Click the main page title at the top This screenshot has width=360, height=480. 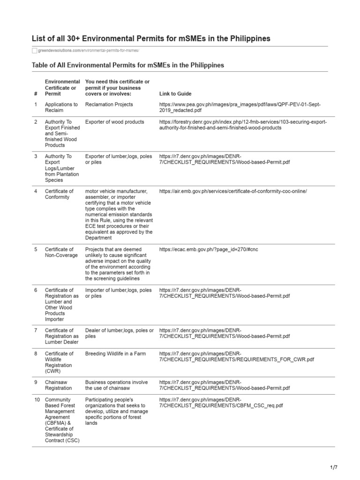coord(151,38)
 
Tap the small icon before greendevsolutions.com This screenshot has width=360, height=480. coord(34,50)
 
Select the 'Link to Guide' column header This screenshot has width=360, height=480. coord(175,94)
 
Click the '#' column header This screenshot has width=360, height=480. coord(36,94)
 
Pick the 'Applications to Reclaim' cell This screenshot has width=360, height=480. coord(61,107)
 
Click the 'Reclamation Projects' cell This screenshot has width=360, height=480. coord(109,105)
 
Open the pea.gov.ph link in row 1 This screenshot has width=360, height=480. coord(240,107)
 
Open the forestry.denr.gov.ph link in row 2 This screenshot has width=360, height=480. coord(243,125)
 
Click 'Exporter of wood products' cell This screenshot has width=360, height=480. coord(114,122)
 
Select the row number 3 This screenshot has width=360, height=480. coord(36,156)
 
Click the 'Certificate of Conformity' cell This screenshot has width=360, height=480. coord(59,194)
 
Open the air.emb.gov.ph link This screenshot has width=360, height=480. coord(233,191)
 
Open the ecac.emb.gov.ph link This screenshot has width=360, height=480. coord(209,249)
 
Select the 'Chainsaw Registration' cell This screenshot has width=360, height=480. coord(58,385)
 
